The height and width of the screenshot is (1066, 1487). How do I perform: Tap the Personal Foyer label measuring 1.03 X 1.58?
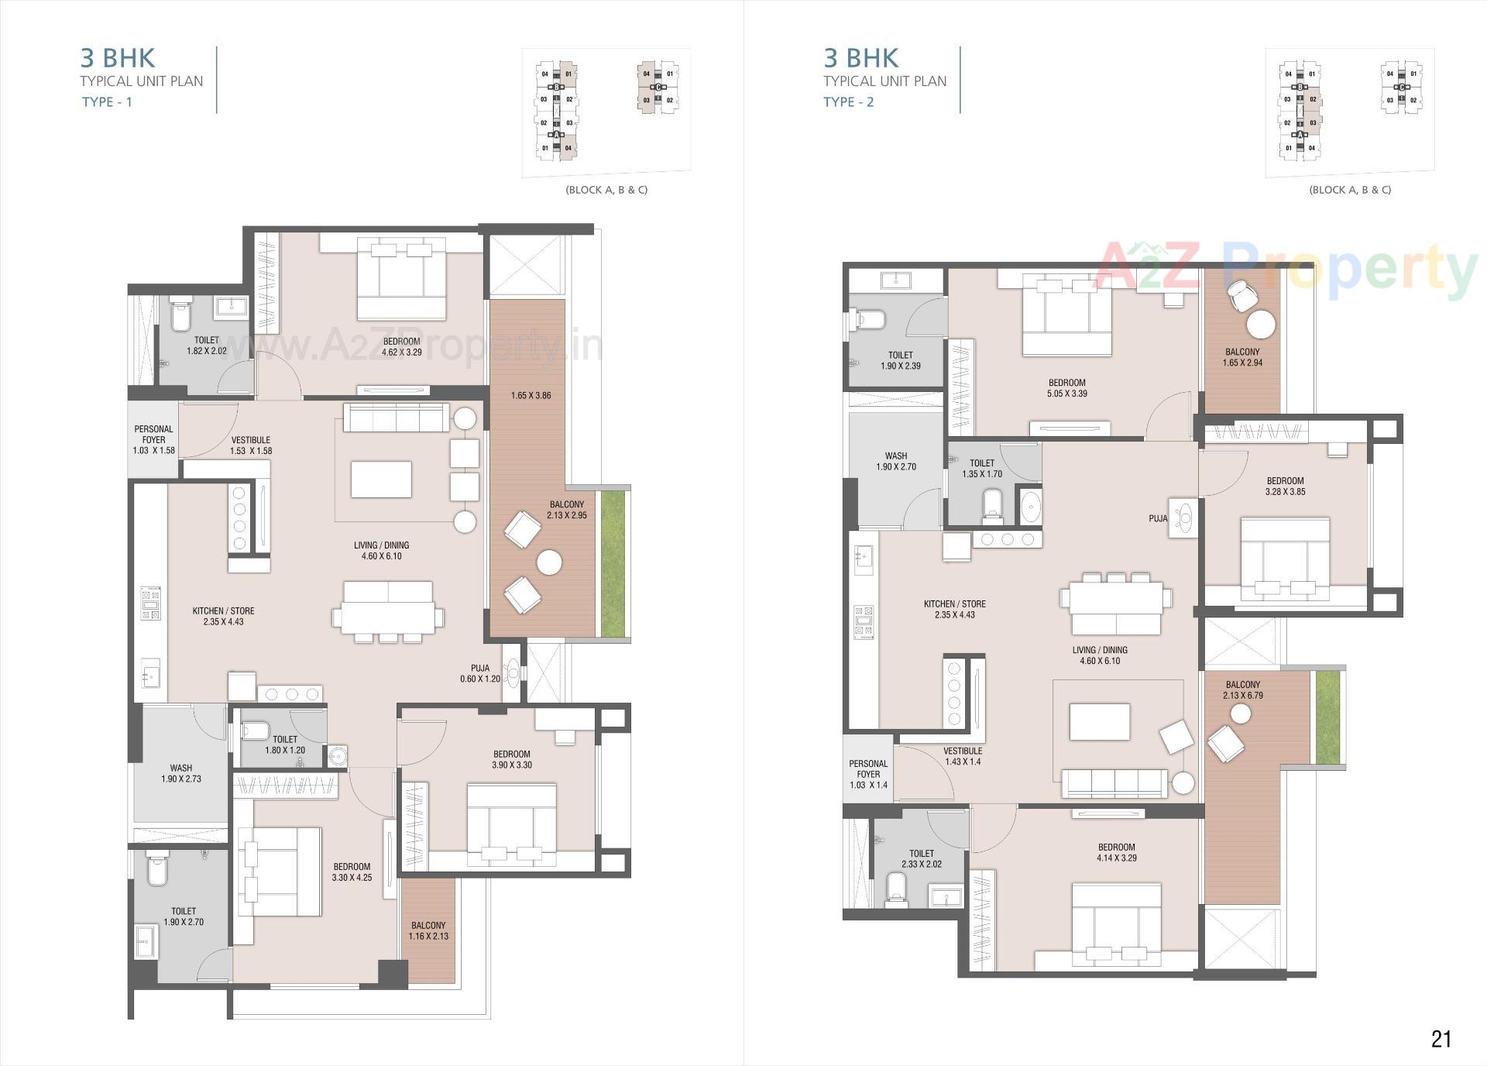[x=153, y=439]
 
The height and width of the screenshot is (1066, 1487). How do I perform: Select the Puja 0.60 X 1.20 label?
[x=480, y=673]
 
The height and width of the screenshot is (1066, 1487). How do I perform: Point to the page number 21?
[x=1441, y=1039]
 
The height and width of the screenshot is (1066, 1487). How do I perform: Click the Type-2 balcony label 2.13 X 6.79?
[x=1243, y=690]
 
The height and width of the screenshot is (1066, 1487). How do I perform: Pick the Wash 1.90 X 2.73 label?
[x=181, y=774]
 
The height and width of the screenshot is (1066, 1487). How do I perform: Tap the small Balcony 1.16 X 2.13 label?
[x=428, y=930]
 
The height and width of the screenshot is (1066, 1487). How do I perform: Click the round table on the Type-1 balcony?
[x=550, y=562]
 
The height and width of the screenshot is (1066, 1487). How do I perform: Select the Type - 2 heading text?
[x=848, y=102]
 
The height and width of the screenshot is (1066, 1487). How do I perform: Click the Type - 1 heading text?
[x=107, y=102]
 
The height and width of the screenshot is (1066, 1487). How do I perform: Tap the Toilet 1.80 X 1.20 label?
[x=285, y=744]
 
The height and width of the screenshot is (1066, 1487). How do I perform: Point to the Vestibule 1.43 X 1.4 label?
[x=963, y=756]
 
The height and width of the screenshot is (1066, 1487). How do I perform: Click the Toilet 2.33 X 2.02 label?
[x=922, y=858]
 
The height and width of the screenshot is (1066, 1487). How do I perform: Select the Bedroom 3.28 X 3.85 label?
[x=1285, y=486]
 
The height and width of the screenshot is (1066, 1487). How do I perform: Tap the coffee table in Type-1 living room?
[x=381, y=479]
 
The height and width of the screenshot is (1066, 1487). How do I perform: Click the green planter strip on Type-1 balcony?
[x=613, y=563]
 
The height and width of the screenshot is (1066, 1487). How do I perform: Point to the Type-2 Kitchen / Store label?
[x=954, y=609]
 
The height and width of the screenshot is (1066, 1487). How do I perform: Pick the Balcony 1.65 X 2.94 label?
[x=1242, y=357]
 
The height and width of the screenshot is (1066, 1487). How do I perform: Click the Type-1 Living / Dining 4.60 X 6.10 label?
[x=381, y=551]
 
